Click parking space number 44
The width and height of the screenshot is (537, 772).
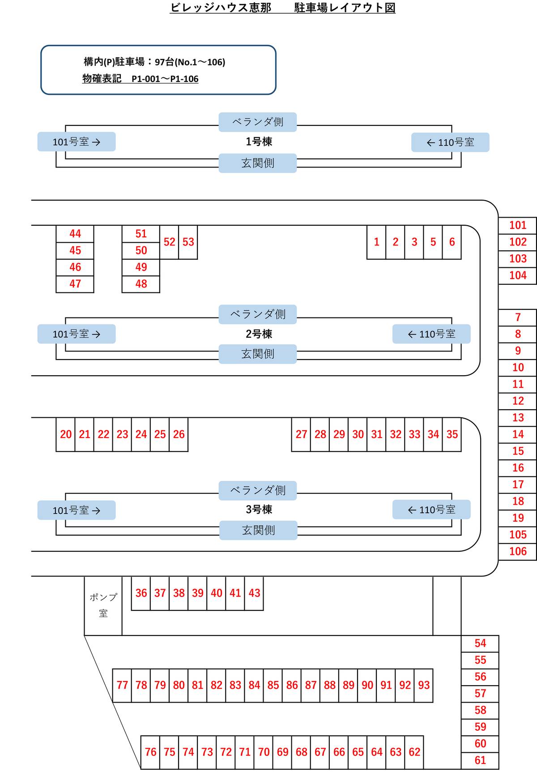click(x=75, y=234)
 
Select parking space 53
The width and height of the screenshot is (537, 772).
click(x=188, y=242)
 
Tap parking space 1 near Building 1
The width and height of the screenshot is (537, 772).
click(x=376, y=242)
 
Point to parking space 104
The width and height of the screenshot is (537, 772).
click(x=518, y=275)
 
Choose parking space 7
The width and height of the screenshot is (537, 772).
click(x=518, y=317)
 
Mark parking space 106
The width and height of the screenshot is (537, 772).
click(x=518, y=551)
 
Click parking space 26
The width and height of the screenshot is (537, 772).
click(x=179, y=434)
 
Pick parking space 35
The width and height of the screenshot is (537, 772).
click(x=452, y=434)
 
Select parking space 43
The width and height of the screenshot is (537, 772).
click(x=254, y=593)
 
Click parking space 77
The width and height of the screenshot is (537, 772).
click(x=122, y=685)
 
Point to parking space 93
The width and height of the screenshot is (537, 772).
click(x=424, y=685)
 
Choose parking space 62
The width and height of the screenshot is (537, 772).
click(x=414, y=752)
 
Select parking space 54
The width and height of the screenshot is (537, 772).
click(x=480, y=643)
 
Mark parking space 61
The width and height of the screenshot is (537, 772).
click(x=480, y=760)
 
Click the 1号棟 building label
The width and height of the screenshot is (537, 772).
click(x=259, y=142)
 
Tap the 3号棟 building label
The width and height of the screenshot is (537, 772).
click(x=259, y=510)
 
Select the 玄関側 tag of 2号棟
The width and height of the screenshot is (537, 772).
click(x=258, y=354)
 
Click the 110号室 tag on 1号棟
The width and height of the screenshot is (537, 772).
click(x=450, y=142)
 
